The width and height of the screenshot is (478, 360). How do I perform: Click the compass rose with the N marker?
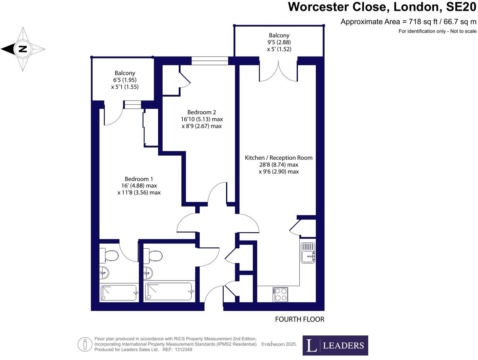click(x=23, y=49)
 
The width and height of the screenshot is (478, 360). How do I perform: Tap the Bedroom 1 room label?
click(x=139, y=179)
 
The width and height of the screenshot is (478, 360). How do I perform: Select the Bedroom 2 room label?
click(x=201, y=112)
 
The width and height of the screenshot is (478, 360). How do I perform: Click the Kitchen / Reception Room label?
click(x=279, y=158)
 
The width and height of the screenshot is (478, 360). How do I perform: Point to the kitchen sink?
click(x=308, y=253)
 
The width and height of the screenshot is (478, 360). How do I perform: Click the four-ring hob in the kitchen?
click(x=280, y=294)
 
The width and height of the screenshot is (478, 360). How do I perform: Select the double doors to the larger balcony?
click(x=279, y=72)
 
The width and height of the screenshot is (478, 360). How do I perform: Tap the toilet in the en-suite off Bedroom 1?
click(x=110, y=256)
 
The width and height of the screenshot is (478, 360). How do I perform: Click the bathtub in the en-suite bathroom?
click(x=119, y=293)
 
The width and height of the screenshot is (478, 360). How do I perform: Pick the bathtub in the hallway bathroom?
click(x=169, y=291)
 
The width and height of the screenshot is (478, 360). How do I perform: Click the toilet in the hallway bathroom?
click(x=154, y=256)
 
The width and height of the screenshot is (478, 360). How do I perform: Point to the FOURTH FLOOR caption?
click(x=299, y=319)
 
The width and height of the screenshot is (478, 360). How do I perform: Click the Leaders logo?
click(x=335, y=345)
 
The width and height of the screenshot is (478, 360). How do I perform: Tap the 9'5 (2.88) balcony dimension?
click(x=279, y=42)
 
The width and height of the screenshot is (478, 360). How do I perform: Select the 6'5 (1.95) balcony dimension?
click(x=125, y=80)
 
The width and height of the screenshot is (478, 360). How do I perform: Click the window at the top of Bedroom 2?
click(x=210, y=60)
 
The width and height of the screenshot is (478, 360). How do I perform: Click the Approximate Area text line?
click(x=408, y=22)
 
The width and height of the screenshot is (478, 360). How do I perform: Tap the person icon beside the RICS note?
click(x=85, y=344)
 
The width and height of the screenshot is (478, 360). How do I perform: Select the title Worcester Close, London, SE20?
click(x=382, y=7)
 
